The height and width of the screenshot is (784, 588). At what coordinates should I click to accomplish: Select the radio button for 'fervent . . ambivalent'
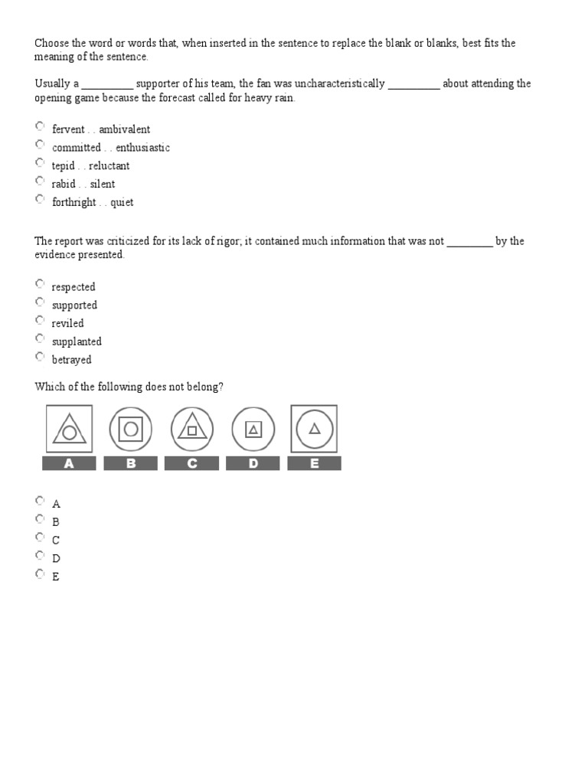coord(40,126)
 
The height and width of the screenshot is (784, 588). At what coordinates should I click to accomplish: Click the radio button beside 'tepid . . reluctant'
coord(40,163)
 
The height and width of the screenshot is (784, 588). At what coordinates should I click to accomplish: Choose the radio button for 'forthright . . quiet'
coord(40,199)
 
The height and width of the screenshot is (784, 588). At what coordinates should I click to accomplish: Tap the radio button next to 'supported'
coord(40,302)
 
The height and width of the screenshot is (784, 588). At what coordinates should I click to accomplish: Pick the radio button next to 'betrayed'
coord(40,357)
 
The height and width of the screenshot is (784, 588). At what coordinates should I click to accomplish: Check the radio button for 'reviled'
coord(40,321)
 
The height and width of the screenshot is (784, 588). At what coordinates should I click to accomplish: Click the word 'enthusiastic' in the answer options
coord(142,148)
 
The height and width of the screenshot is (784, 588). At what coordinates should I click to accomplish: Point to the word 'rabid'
coord(64,184)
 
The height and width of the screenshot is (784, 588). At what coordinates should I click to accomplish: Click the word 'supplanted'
coord(77,341)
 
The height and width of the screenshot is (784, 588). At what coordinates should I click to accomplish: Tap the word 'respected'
coord(73,287)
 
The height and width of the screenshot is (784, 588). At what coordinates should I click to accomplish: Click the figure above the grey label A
coord(69,429)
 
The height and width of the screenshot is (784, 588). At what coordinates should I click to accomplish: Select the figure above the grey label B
coord(131,429)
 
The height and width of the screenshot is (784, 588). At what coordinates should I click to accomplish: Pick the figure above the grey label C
coord(192,429)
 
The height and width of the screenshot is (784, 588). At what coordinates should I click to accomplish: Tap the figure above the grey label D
coord(253,429)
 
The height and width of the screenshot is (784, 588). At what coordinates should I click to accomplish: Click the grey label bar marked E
coord(315,463)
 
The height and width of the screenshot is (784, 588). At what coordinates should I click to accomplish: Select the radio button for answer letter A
coord(40,501)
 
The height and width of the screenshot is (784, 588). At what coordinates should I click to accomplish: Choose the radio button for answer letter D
coord(40,556)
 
